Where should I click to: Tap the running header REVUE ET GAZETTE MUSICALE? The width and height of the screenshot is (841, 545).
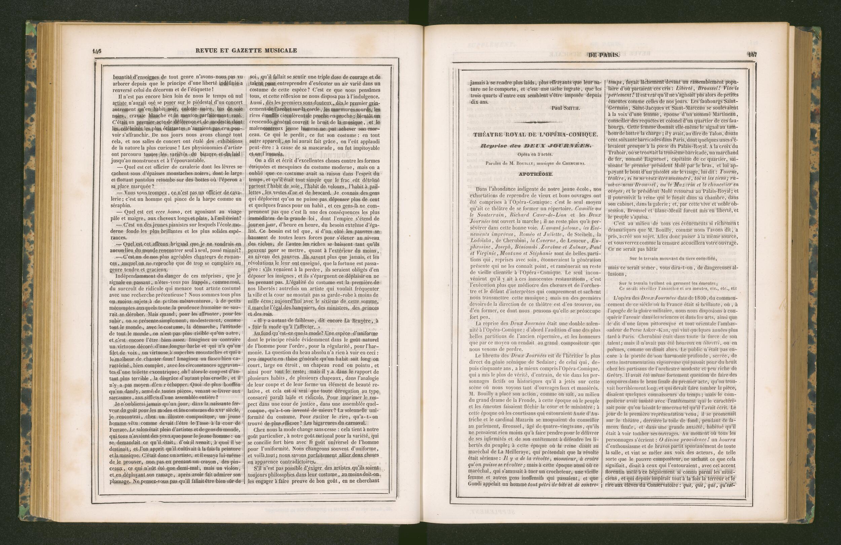pos(246,50)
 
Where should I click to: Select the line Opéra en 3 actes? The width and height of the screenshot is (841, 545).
pos(535,154)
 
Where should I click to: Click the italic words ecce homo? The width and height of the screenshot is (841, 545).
pos(167,212)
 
